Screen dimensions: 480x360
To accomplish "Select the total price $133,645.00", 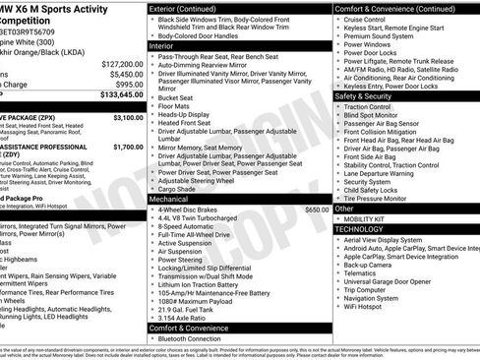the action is click(x=120, y=95).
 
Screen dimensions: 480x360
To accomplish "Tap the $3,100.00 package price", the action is click(x=127, y=117).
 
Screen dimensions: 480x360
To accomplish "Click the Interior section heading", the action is click(x=161, y=46).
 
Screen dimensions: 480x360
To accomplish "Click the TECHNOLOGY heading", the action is click(x=358, y=228).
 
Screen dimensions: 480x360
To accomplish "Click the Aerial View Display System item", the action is click(x=397, y=239).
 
